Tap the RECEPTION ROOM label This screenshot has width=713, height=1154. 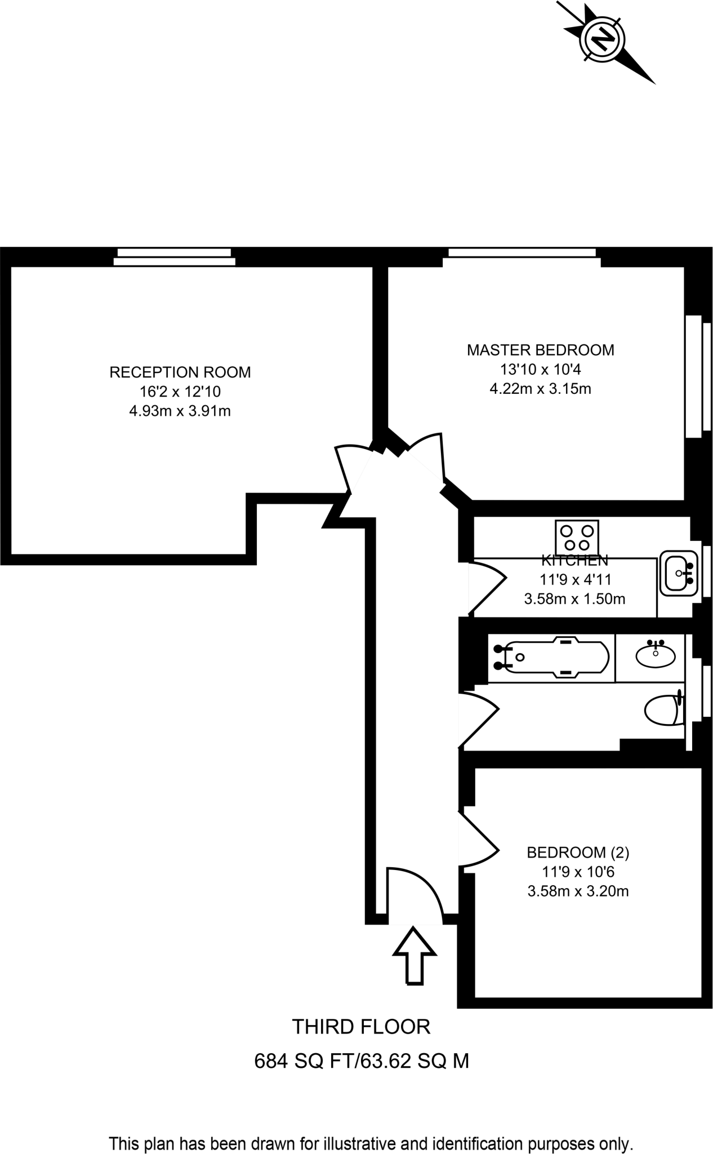click(x=180, y=372)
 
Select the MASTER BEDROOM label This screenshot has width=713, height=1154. click(x=540, y=350)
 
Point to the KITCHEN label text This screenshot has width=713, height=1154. click(x=574, y=561)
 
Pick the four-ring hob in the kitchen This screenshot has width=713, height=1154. click(x=577, y=538)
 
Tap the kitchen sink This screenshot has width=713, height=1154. click(x=679, y=573)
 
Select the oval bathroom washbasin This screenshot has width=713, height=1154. click(x=655, y=656)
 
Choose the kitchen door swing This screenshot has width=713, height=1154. click(x=487, y=586)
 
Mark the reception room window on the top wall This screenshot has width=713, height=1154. click(x=175, y=256)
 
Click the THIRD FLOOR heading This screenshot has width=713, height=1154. click(x=361, y=1027)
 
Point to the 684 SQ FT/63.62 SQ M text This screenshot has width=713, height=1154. click(x=362, y=1062)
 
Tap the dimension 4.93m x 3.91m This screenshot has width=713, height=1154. click(x=180, y=411)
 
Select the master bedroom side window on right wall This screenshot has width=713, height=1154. click(x=694, y=376)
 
